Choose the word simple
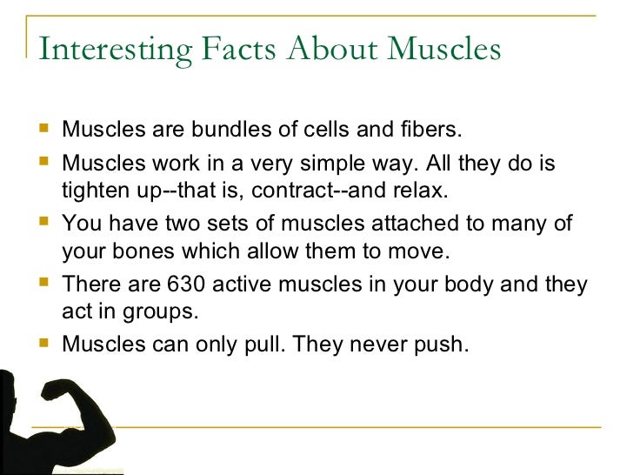coord(343,164)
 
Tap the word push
coord(441,344)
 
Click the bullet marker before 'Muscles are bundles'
coord(45,130)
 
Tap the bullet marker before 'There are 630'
coord(45,284)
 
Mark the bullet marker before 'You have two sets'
coord(45,224)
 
